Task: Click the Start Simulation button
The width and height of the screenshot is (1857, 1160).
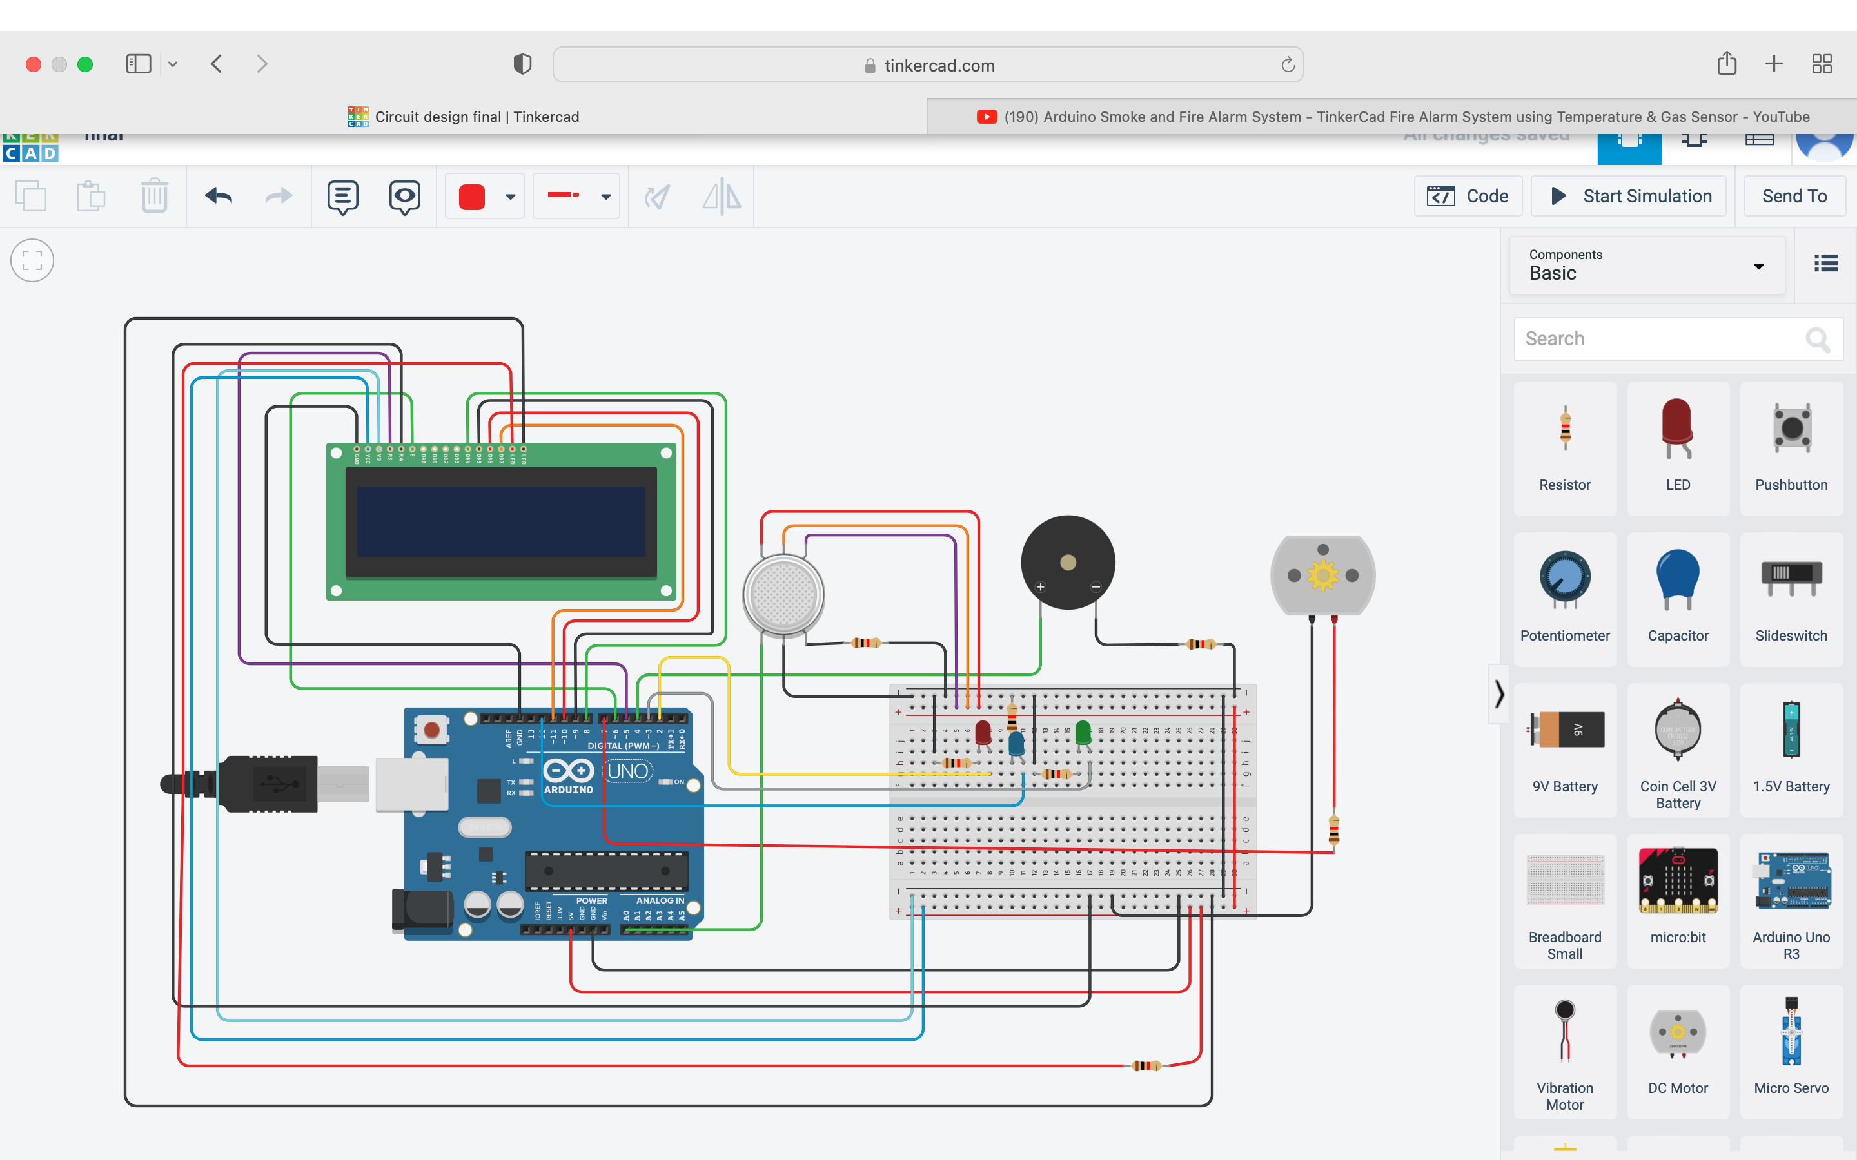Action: tap(1629, 197)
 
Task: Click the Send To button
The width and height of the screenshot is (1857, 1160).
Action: tap(1793, 197)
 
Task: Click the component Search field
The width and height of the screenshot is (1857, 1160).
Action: tap(1662, 339)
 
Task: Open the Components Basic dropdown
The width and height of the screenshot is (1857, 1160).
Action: tap(1647, 266)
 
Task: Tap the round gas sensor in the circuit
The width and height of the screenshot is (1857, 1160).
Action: tap(783, 595)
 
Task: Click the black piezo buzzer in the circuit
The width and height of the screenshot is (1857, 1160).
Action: tap(1067, 563)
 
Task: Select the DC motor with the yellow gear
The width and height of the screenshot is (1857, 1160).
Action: tap(1322, 575)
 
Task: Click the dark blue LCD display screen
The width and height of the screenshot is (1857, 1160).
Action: tap(501, 522)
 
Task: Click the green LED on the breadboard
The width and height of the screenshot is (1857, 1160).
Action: tap(1083, 733)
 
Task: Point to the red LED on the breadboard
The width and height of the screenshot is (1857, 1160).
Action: tap(983, 733)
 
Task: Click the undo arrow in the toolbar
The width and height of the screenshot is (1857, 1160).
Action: tap(219, 197)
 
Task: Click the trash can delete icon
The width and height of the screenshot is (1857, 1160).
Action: tap(154, 197)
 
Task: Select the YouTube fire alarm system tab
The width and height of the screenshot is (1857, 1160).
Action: tap(1392, 117)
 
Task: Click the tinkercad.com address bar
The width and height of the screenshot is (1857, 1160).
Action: tap(928, 65)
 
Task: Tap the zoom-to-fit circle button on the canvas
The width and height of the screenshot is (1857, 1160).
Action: tap(32, 261)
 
